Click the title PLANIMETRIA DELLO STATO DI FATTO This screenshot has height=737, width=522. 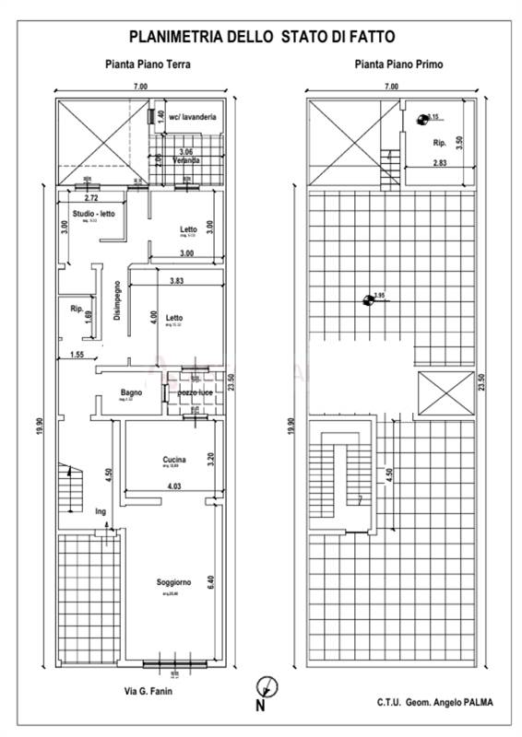(262, 37)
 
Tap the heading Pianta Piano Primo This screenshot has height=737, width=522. (398, 64)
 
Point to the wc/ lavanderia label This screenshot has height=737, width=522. (192, 117)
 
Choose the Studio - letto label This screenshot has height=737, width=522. (93, 214)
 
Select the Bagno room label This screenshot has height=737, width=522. (131, 392)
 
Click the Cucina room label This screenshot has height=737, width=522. (174, 459)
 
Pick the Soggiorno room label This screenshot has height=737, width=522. (173, 582)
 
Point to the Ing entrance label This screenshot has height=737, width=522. (101, 510)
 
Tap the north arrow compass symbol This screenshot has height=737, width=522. (265, 686)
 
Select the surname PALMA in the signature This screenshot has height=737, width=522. (477, 702)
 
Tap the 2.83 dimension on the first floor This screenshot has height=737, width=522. (442, 163)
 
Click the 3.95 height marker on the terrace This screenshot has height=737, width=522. (378, 296)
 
